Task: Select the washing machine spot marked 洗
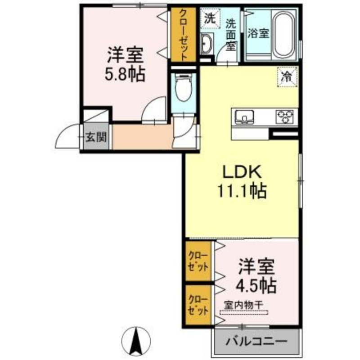pos(210,18)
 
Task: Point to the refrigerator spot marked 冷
pos(287,77)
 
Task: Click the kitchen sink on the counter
pos(244,117)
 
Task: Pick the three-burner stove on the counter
pos(284,117)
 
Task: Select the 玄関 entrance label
pos(96,137)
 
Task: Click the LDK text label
pos(243,171)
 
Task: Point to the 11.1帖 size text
pos(242,191)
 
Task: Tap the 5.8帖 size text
pos(125,74)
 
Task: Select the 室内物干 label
pos(243,305)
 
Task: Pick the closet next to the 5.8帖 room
pos(183,35)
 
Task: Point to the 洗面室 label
pos(230,35)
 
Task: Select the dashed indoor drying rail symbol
pos(244,312)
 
